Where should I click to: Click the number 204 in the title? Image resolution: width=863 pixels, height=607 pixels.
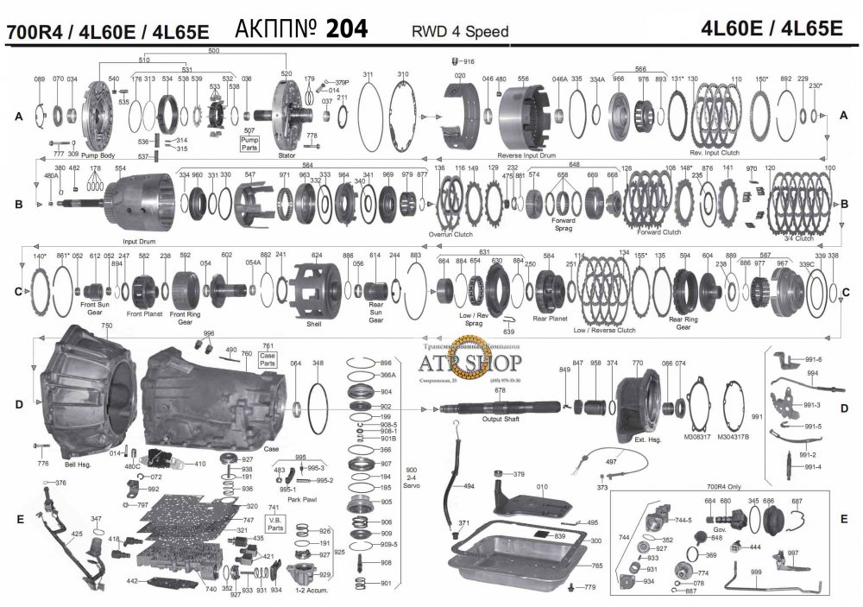point(345,29)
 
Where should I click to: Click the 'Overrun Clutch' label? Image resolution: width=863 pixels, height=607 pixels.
point(450,234)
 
